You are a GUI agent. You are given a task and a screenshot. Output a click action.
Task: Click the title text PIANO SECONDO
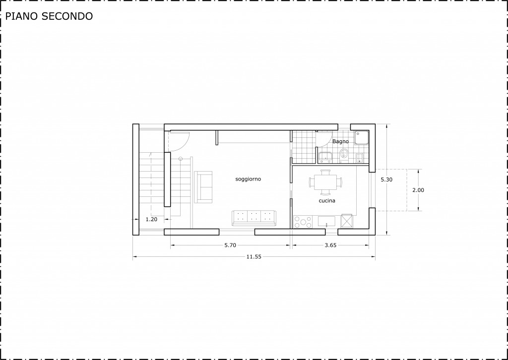click(49, 16)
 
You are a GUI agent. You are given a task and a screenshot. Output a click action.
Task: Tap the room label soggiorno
click(248, 179)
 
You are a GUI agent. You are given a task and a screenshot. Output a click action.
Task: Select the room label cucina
click(327, 201)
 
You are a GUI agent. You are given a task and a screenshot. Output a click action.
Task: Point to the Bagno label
click(340, 141)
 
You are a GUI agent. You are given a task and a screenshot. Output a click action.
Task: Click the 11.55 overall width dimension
click(254, 257)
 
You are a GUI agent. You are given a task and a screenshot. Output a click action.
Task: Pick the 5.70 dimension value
click(230, 245)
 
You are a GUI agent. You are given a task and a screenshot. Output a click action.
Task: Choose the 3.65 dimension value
click(330, 245)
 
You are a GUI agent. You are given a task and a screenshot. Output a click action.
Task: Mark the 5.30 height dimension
click(386, 180)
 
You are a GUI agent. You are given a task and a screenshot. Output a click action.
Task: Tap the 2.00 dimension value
click(418, 190)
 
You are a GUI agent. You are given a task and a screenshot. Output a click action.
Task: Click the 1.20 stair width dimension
click(151, 219)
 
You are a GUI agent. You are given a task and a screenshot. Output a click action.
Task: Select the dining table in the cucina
click(325, 182)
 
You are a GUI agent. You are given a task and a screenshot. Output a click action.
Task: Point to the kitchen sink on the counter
click(328, 222)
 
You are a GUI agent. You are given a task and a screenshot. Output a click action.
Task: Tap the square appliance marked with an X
click(349, 221)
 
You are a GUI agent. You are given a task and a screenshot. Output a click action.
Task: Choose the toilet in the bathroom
click(344, 155)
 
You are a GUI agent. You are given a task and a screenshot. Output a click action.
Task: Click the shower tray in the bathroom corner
click(362, 137)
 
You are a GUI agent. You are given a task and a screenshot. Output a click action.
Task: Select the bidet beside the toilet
click(360, 158)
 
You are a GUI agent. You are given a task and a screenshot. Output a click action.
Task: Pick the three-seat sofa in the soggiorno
click(254, 218)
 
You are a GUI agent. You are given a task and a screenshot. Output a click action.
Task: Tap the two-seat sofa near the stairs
click(203, 187)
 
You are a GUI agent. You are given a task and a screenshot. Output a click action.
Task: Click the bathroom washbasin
click(325, 157)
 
